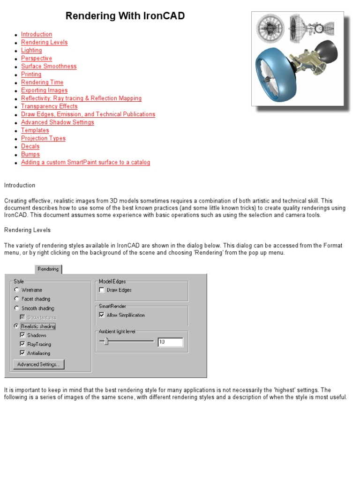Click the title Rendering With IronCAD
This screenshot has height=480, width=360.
point(125,16)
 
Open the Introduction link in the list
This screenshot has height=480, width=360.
point(37,34)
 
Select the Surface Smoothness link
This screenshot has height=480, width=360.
point(49,66)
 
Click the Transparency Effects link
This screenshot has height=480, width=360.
point(49,106)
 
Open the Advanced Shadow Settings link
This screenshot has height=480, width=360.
point(57,122)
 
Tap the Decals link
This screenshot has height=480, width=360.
point(30,146)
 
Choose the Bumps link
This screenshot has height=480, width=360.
point(30,154)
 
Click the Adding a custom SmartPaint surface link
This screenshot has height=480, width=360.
point(85,162)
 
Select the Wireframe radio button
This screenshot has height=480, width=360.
point(17,290)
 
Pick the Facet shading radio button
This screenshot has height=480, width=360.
point(17,299)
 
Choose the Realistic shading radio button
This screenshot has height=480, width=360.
point(17,326)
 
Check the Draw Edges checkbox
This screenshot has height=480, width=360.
point(102,290)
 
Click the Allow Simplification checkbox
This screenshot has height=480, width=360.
point(102,315)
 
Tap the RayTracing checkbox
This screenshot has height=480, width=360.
point(22,344)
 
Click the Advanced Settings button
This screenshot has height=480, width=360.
point(38,364)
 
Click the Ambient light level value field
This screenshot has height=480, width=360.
point(170,342)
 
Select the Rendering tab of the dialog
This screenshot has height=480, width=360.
point(48,269)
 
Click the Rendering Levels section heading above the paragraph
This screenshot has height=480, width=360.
point(27,230)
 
